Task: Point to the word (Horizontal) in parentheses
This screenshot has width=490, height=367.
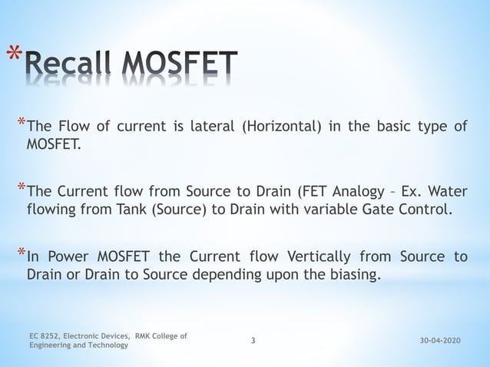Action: coord(280,127)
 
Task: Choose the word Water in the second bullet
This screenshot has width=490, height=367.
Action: coord(449,191)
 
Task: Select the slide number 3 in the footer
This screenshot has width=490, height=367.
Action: coord(254,340)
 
